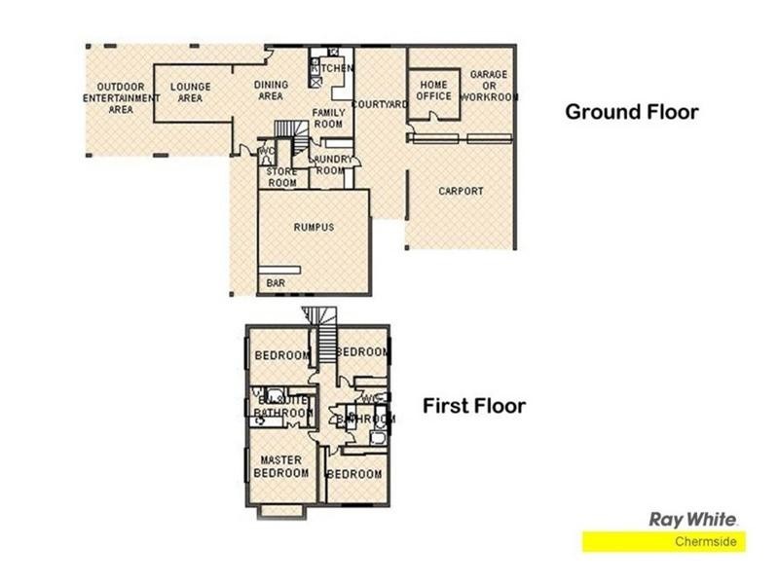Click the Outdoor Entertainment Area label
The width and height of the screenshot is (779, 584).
coord(121,97)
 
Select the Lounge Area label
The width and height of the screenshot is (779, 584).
coord(191,91)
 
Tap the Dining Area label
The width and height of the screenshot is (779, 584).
coord(270,91)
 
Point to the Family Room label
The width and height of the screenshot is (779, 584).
coord(328,119)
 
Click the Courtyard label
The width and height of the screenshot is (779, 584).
coord(379,104)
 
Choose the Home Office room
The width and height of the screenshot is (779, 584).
coord(433,91)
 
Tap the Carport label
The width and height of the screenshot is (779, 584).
coord(461,191)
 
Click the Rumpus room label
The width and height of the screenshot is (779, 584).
coord(314,227)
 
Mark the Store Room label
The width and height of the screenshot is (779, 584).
coord(281,177)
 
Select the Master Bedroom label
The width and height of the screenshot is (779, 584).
coord(280,466)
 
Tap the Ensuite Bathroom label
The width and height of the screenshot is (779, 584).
coord(281,406)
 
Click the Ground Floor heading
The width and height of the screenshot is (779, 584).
coord(631,112)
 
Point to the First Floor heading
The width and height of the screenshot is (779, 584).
coord(474,406)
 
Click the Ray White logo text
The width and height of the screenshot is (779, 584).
coord(693,520)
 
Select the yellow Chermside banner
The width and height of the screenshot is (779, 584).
coord(664,542)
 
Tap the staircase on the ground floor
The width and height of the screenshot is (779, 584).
coord(283,128)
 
